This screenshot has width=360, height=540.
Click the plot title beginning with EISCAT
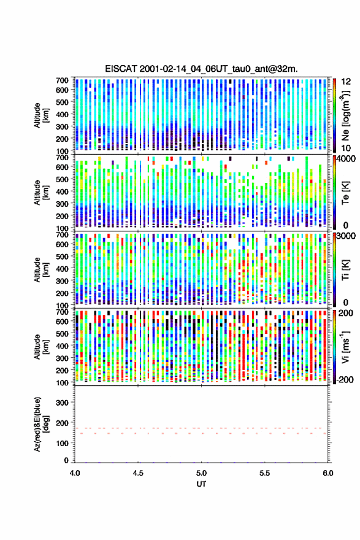201,69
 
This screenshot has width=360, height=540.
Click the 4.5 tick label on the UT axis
138,473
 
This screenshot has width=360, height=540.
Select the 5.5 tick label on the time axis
265,473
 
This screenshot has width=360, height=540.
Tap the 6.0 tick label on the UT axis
328,473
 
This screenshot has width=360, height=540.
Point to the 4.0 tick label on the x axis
75,473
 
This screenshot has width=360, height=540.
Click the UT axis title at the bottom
201,484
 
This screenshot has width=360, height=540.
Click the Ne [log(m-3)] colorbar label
346,115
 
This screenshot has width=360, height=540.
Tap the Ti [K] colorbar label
345,269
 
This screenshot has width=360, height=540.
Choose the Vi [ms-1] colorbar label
346,347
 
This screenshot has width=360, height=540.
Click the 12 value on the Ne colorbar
347,82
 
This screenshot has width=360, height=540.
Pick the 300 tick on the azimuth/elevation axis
63,403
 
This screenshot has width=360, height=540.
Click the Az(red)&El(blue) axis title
40,424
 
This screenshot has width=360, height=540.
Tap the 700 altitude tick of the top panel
63,80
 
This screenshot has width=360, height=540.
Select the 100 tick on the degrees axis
63,443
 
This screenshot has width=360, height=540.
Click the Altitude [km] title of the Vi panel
41,347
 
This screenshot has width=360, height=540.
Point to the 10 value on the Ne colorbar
347,148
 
